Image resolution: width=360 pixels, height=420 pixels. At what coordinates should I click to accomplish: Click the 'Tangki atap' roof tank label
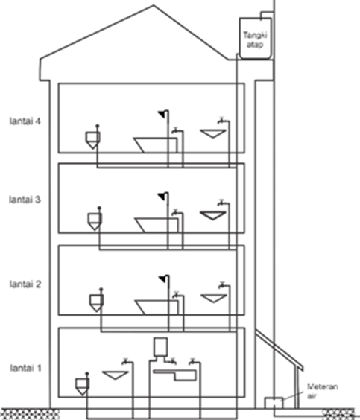(x=255, y=39)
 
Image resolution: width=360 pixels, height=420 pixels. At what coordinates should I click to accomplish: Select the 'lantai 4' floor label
(x=25, y=121)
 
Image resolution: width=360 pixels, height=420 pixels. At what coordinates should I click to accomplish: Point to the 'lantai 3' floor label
(x=25, y=200)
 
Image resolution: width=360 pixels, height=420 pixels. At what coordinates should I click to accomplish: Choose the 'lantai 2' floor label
(x=25, y=284)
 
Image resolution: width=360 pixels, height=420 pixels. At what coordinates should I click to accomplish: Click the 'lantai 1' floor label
(x=26, y=368)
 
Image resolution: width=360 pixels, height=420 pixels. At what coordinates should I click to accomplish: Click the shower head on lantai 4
(x=162, y=115)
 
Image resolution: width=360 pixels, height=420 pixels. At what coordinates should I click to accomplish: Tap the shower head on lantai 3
(x=162, y=197)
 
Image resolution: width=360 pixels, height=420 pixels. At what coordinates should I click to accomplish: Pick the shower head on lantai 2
(x=162, y=279)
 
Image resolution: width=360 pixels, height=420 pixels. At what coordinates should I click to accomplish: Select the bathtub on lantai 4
(x=156, y=145)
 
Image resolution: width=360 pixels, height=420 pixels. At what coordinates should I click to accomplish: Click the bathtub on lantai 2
(x=157, y=308)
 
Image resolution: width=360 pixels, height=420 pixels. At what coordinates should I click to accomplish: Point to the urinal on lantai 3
(x=95, y=221)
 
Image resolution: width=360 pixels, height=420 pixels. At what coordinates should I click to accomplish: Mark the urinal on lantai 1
(x=82, y=386)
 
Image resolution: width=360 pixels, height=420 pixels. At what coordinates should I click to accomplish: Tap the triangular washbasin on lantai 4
(x=213, y=133)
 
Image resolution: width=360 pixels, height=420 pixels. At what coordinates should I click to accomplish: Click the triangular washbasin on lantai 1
(x=116, y=375)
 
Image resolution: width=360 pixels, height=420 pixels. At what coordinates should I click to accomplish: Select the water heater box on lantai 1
(x=161, y=347)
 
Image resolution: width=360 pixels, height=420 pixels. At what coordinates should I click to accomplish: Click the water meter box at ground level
(x=274, y=403)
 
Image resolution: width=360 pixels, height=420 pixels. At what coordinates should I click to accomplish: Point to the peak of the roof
(x=154, y=5)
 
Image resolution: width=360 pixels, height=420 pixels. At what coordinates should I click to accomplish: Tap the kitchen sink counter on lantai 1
(x=174, y=375)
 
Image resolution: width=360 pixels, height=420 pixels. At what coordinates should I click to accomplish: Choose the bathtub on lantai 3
(x=157, y=226)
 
